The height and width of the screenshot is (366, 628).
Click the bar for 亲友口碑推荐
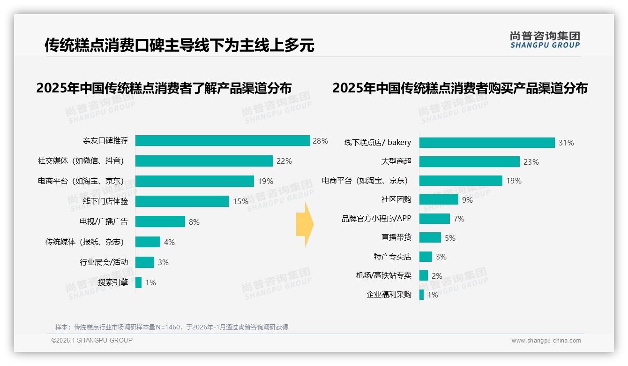pos(223,141)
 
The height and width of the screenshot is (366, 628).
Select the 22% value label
pos(284,161)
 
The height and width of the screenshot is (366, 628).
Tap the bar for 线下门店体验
pos(182,201)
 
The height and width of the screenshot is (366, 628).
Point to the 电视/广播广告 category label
pos(104,221)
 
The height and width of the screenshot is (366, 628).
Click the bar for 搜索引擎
pos(138,282)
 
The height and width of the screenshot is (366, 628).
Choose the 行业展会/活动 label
pos(104,262)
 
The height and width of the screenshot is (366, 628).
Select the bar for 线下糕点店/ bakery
pos(487,143)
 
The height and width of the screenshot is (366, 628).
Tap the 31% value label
pos(566,143)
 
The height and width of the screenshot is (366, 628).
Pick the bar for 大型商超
pos(469,162)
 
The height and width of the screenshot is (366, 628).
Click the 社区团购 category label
pos(396,199)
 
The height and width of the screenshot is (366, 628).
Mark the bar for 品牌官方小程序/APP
pos(434,219)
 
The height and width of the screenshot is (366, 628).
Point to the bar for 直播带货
pos(430,237)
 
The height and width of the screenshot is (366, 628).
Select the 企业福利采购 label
pos(389,295)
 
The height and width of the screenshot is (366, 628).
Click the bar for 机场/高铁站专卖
pos(423,275)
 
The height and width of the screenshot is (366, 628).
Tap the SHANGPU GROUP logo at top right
pos(545,40)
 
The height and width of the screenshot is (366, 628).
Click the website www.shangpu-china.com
pos(546,341)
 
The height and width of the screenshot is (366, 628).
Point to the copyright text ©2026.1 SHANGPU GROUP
pos(92,340)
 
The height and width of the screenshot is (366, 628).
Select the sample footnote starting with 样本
pos(172,327)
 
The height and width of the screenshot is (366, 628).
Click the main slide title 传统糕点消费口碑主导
pos(179,46)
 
